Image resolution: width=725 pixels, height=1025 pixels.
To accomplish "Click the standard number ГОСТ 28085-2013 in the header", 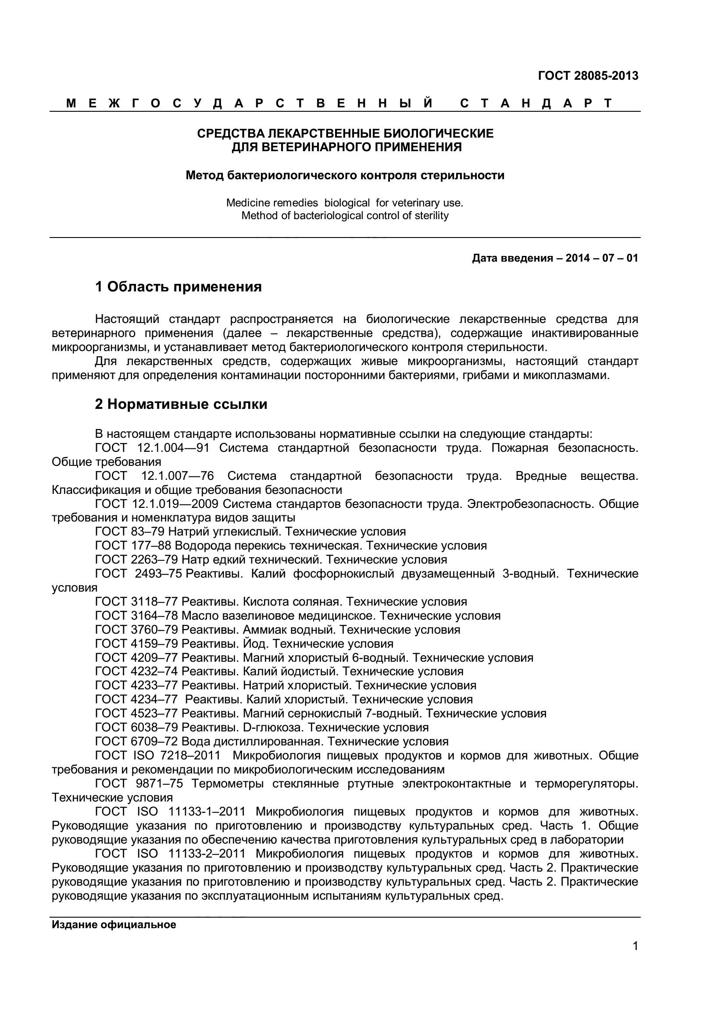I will coord(588,76).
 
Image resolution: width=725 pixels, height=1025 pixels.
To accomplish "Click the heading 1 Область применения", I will coord(178,287).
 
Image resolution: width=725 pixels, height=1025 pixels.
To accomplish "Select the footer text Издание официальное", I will coord(114,925).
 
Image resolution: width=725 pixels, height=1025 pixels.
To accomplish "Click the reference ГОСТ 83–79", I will coord(130,532).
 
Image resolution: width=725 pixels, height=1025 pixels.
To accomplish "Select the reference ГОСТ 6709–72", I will coord(137,741).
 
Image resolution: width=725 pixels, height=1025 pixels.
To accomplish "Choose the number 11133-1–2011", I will coord(207,812).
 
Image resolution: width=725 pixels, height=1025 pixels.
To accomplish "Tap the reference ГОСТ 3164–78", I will coord(137,616).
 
